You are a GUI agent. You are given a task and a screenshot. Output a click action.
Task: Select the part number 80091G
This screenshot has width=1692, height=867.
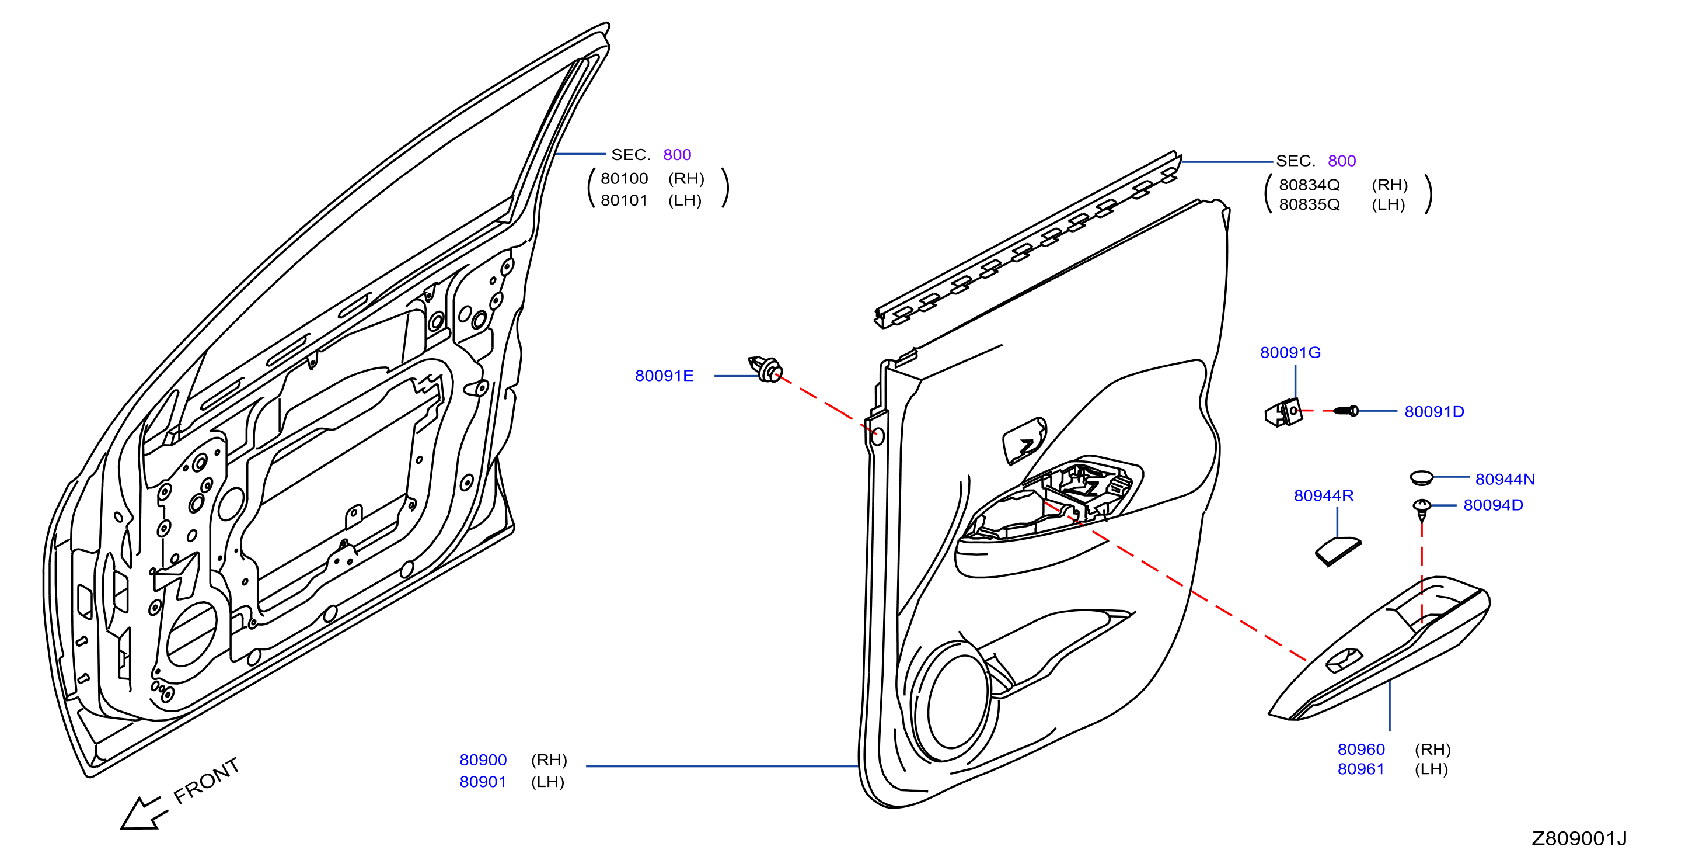click(x=1290, y=352)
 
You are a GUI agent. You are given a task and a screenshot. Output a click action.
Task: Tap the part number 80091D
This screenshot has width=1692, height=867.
click(x=1435, y=411)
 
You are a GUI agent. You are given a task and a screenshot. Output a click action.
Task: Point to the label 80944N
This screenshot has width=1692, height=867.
click(x=1505, y=479)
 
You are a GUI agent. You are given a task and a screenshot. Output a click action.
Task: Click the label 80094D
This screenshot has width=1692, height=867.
click(x=1493, y=505)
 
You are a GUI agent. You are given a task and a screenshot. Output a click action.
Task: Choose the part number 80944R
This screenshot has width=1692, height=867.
click(x=1324, y=495)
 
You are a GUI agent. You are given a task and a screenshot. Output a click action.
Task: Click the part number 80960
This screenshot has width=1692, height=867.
click(x=1361, y=750)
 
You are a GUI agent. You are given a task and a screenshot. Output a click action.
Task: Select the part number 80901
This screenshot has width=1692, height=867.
click(x=483, y=782)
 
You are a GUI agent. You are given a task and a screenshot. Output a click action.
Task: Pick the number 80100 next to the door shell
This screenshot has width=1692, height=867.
click(x=624, y=178)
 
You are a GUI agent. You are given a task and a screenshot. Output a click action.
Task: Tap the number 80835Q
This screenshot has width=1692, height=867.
click(x=1309, y=204)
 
